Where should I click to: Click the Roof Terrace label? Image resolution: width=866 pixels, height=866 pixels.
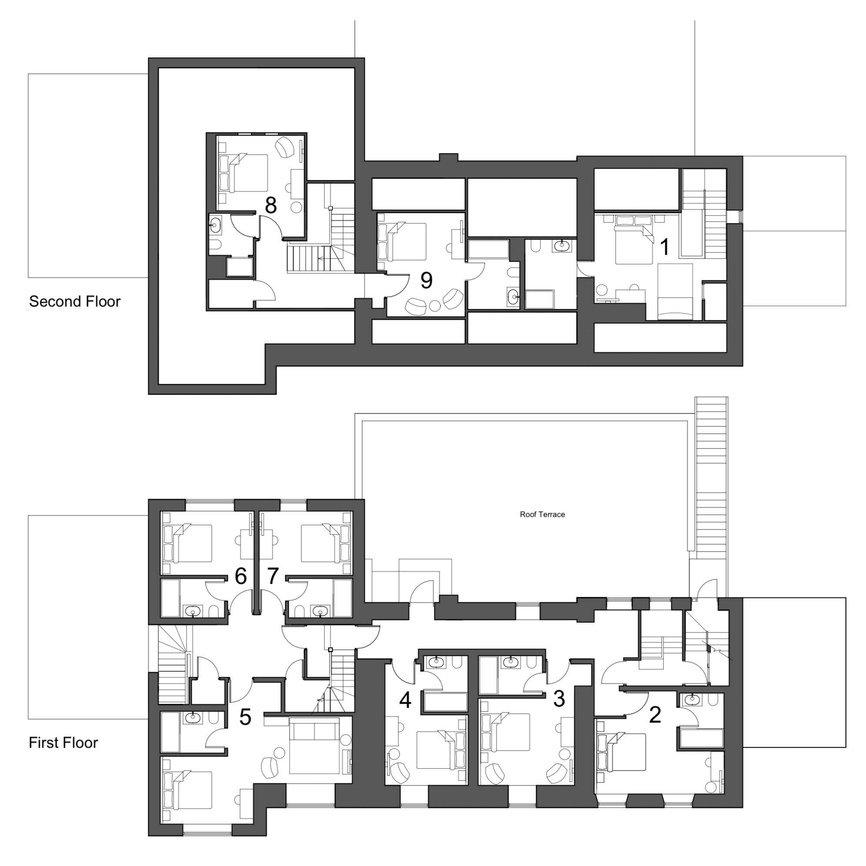542,514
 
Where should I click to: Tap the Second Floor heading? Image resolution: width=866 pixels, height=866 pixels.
75,301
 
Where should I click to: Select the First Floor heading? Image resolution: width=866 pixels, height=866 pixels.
63,743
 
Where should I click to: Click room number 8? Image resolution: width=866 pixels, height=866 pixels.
271,205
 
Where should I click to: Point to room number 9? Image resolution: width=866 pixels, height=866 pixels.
426,280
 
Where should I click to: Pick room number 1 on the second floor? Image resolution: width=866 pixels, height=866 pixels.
665,246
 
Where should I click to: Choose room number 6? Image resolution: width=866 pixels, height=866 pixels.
241,576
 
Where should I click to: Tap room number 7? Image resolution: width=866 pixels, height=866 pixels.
273,576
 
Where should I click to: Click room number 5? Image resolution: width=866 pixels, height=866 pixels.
245,718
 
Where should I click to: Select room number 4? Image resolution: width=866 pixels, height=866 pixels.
405,700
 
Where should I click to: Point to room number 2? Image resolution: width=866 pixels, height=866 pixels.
655,715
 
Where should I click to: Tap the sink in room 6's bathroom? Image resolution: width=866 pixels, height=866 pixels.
193,611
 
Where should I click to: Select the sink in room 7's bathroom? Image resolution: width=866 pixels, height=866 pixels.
320,611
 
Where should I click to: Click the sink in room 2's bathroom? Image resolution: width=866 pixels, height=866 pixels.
693,699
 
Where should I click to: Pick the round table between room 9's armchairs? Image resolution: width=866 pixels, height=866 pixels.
434,306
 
